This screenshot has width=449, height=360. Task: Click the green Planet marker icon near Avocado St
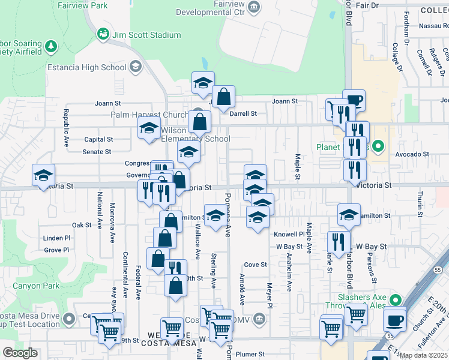378,146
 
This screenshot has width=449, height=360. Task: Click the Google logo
20,352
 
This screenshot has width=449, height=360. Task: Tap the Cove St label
255,265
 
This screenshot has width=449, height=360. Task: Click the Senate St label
97,152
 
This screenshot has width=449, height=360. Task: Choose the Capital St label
98,139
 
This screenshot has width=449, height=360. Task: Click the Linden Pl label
57,239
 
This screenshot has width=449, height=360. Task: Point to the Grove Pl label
57,250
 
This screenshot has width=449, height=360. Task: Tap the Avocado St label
412,154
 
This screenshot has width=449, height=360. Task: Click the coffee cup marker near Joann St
354,100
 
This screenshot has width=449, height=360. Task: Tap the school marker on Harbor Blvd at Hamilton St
349,214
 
